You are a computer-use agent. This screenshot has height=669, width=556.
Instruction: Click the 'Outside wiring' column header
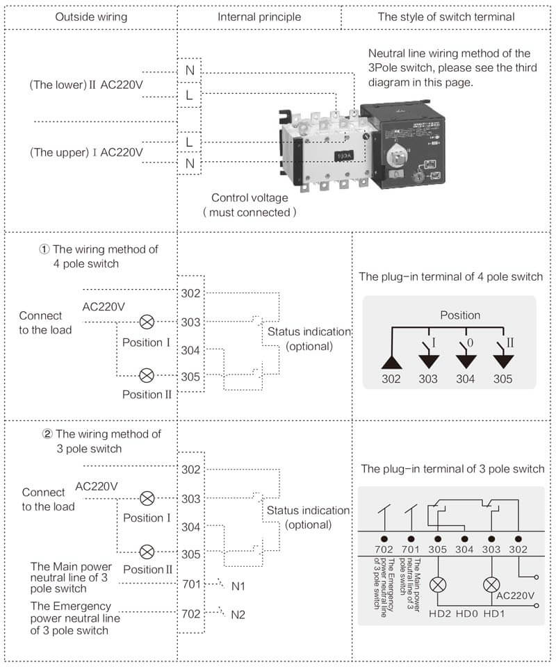pos(91,17)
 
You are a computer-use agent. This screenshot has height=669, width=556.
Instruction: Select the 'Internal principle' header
pos(259,17)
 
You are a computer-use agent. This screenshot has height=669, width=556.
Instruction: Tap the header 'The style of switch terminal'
pos(446,17)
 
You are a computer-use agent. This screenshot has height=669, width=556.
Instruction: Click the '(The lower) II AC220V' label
pos(85,85)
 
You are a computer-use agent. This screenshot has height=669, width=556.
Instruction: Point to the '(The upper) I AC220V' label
pos(86,152)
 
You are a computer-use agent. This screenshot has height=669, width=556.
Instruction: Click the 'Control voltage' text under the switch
pos(250,197)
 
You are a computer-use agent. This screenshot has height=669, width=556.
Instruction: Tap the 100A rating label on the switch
pos(344,156)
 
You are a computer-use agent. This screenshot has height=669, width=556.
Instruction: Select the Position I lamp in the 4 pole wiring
pos(147,322)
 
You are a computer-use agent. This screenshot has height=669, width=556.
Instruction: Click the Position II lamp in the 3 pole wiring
pos(147,552)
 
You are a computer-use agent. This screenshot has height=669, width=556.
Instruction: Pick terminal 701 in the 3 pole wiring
pos(191,584)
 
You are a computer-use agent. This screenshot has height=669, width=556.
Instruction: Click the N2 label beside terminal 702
pos(238,615)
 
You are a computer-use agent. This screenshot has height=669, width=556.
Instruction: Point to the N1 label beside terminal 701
pos(238,586)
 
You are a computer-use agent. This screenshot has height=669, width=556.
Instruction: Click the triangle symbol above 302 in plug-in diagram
pos(391,362)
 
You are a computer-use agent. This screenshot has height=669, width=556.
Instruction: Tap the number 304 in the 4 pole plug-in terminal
pos(465,379)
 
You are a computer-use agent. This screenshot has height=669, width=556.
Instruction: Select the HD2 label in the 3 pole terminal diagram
pos(440,613)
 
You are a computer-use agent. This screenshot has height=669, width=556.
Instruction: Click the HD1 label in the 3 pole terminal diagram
pos(494,613)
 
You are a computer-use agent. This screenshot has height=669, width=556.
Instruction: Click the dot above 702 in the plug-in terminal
pos(384,539)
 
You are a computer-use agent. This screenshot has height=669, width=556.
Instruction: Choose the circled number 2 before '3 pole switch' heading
pos(47,434)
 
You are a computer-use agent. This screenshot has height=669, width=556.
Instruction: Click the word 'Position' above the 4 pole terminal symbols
pos(460,315)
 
